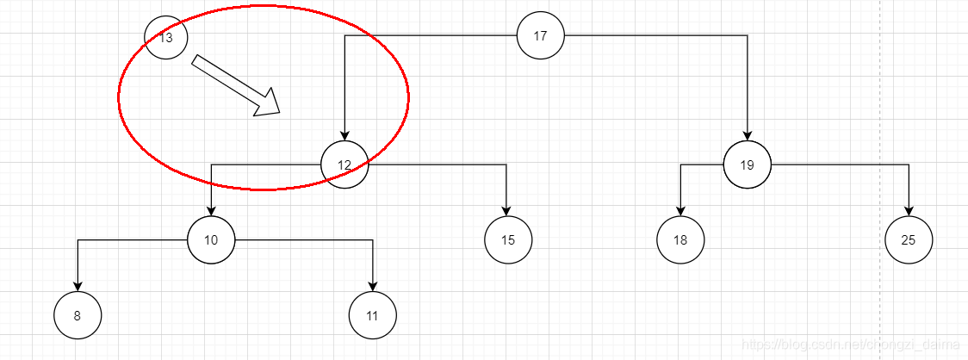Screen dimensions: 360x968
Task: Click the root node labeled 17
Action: click(540, 36)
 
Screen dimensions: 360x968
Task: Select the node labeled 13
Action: click(166, 38)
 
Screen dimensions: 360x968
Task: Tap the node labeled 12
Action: click(344, 164)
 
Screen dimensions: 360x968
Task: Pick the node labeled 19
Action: click(747, 164)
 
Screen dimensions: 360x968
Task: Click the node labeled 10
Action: click(211, 239)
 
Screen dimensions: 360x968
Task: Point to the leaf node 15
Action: click(508, 239)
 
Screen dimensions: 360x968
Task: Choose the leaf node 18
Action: click(680, 239)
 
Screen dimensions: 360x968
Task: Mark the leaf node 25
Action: click(909, 239)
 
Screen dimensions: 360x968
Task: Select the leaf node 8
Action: click(78, 315)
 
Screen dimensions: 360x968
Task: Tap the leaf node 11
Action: click(373, 315)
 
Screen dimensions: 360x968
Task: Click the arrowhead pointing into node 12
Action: click(344, 135)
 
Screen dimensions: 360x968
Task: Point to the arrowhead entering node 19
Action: click(747, 135)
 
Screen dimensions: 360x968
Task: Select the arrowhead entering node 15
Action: click(506, 210)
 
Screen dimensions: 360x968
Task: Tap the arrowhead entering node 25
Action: click(909, 210)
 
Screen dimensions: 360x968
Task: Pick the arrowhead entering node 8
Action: click(78, 286)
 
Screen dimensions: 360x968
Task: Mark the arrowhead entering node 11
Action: click(373, 286)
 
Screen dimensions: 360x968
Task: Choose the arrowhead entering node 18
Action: click(680, 210)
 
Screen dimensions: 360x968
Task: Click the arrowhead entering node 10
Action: click(211, 210)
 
